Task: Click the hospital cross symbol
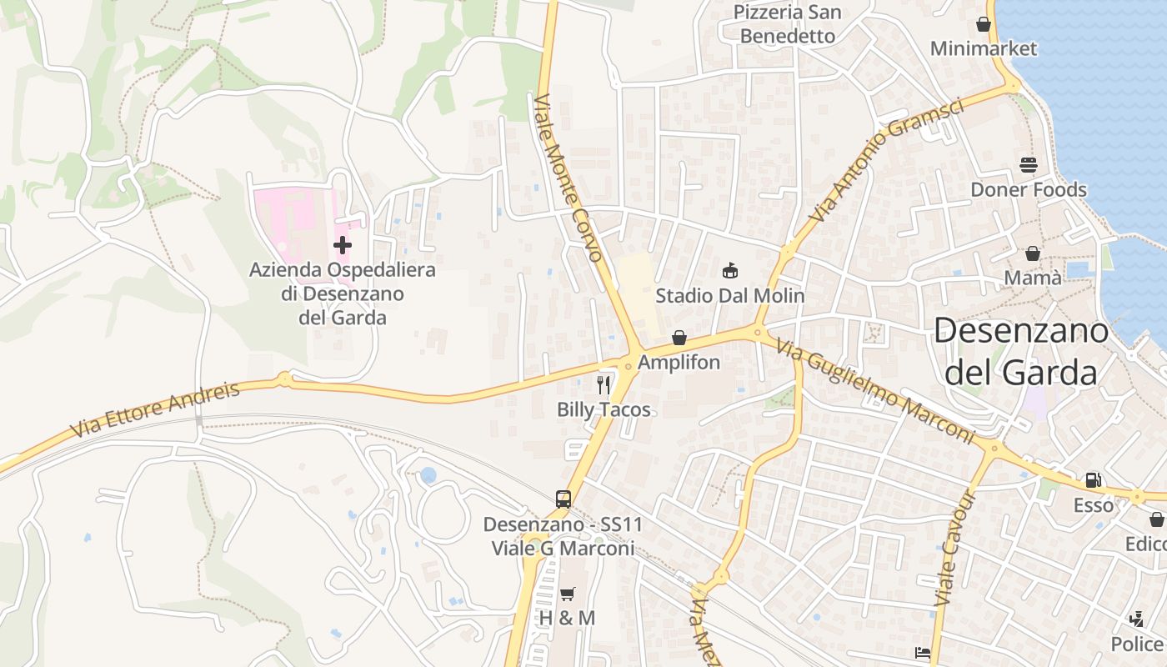(342, 245)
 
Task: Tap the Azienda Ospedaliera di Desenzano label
(343, 293)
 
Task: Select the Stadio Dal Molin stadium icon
(730, 270)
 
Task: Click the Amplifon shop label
(679, 363)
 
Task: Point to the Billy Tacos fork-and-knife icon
(604, 384)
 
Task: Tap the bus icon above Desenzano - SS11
(563, 499)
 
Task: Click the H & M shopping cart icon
(568, 594)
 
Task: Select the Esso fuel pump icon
(1093, 480)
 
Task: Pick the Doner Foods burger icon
(1028, 165)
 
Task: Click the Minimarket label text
(984, 48)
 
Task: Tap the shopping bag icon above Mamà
(1033, 253)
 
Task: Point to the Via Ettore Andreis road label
(155, 409)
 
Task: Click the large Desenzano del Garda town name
(1020, 351)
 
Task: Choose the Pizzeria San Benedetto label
(788, 24)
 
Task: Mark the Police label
(1138, 644)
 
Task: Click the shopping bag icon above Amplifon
(679, 338)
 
